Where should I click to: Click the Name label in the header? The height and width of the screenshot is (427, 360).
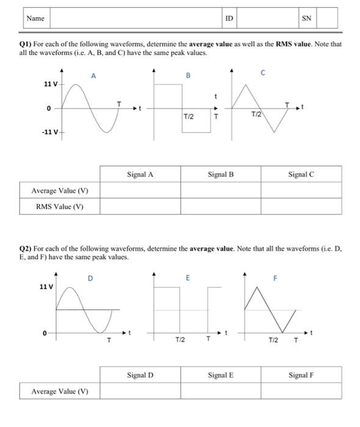tap(35, 18)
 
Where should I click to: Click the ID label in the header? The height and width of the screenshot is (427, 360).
tap(229, 18)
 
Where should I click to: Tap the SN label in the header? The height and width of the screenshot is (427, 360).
tap(306, 18)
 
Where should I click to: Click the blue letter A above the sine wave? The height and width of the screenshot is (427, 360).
tap(93, 76)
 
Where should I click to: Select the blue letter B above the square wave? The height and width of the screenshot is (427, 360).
tap(188, 76)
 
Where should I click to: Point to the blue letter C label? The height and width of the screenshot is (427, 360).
tap(262, 73)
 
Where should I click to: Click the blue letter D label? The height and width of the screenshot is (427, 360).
tap(90, 279)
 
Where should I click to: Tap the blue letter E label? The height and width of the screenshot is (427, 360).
tap(188, 278)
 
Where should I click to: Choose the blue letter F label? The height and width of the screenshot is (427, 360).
tap(275, 279)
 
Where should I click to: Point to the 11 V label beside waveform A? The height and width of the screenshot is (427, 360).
tap(51, 84)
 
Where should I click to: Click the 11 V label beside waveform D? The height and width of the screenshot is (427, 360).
tap(46, 287)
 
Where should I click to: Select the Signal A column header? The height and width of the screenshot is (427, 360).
tap(140, 174)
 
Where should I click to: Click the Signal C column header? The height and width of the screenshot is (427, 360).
tap(301, 174)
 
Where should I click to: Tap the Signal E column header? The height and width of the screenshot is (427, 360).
tap(220, 375)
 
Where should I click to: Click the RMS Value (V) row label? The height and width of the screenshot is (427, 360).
tap(60, 206)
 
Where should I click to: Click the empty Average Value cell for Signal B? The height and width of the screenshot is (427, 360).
tap(220, 190)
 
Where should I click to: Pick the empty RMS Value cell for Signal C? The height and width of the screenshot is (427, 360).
tap(301, 206)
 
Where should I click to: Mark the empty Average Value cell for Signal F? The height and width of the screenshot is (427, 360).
tap(301, 390)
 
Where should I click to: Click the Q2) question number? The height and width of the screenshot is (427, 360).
tap(26, 249)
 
